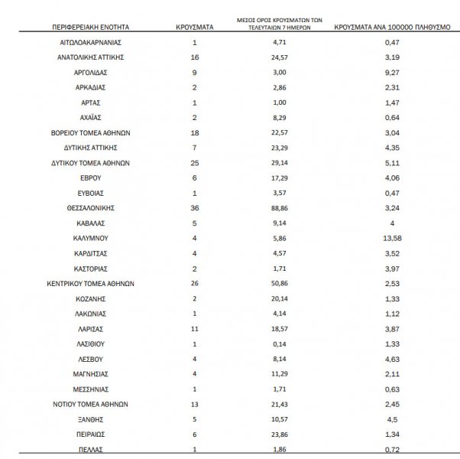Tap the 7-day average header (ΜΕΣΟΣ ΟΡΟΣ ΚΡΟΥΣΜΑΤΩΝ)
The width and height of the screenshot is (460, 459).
coord(276,22)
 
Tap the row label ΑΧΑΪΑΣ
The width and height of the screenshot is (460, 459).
coord(91,117)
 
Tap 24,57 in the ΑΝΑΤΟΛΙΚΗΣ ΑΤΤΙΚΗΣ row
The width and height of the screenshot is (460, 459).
coord(274,57)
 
